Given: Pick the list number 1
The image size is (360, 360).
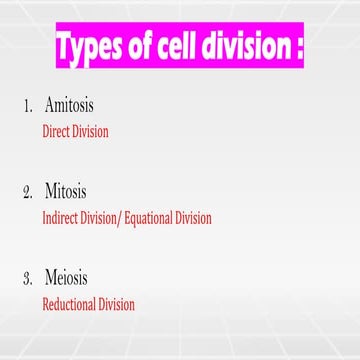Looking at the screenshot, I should (27, 105).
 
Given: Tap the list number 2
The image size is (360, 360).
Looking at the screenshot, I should (27, 191).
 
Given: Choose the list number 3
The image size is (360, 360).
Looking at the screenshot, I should (27, 278).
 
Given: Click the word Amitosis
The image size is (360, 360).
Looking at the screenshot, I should (71, 105).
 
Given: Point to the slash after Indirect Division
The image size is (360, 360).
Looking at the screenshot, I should (119, 217).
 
